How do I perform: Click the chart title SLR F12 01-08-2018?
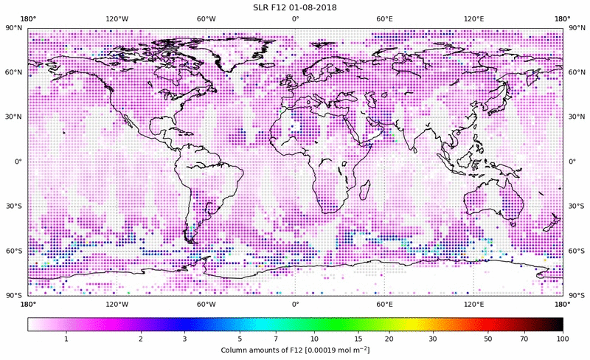pos(295,7)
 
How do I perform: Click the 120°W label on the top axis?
pos(117,19)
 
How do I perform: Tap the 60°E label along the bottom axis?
pos(384,303)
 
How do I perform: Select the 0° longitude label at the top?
pos(295,19)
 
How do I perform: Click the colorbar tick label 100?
pos(563,339)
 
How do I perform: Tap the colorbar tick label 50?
pos(488,339)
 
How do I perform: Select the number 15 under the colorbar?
pos(358,339)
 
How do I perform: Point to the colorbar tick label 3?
pos(184,339)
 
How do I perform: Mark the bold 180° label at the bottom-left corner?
pos(28,303)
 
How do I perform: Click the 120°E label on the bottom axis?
pos(473,303)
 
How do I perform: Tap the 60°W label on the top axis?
pos(206,19)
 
